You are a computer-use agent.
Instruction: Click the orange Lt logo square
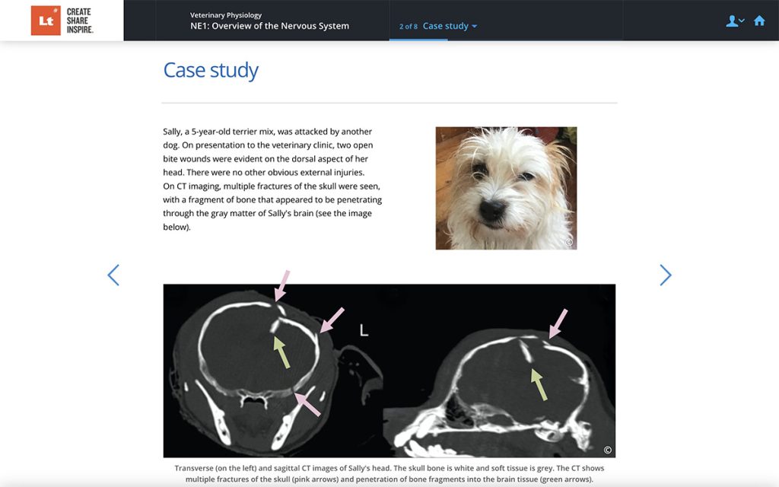tap(46, 21)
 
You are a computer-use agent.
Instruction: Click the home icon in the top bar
tap(758, 21)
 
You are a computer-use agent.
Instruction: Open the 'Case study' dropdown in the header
tap(450, 26)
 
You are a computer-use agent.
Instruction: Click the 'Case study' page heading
tap(211, 71)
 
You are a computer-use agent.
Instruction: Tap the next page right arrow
tap(666, 275)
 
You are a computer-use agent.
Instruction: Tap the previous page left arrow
tap(113, 275)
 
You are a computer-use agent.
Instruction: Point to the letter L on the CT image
tap(364, 330)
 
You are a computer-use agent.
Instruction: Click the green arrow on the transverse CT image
tap(281, 352)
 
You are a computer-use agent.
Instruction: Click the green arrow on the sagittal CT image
tap(539, 384)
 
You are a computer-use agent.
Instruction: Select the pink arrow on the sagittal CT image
tap(558, 323)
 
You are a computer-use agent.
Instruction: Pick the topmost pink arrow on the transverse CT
tap(282, 285)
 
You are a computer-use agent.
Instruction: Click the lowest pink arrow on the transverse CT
tap(307, 403)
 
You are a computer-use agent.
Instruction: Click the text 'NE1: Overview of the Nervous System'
tap(269, 26)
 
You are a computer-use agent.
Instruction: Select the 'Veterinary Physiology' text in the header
tap(226, 14)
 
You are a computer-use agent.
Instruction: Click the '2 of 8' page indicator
tap(408, 27)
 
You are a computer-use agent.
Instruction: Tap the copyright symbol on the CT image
tap(607, 449)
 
